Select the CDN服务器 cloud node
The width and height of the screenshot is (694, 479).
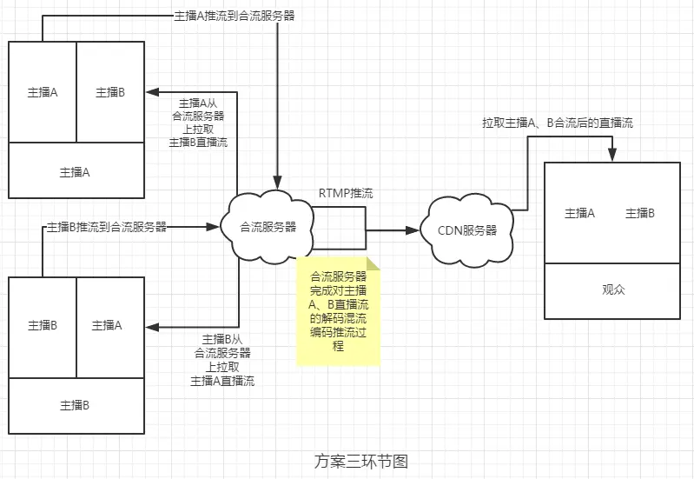click(467, 230)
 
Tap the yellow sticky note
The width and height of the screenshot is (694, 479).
click(338, 311)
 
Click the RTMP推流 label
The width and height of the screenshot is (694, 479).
click(345, 193)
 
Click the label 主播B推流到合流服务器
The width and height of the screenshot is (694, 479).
click(107, 228)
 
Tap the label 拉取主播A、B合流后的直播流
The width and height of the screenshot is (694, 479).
click(558, 123)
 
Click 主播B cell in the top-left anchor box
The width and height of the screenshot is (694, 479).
click(110, 92)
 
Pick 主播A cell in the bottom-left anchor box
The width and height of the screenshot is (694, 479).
click(107, 325)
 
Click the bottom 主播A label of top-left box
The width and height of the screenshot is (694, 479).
click(75, 171)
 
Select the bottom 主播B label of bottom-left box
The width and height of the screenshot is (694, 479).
click(75, 404)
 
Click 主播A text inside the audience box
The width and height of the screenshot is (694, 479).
click(579, 213)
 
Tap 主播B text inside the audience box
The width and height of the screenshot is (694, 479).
click(640, 213)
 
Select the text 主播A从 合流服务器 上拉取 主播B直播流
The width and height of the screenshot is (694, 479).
click(198, 123)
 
